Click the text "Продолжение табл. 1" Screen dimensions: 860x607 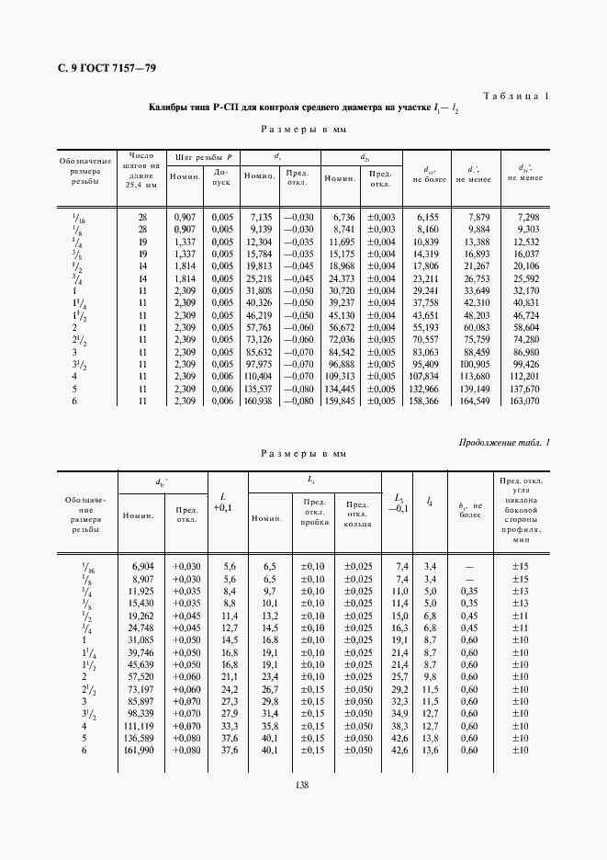click(x=504, y=444)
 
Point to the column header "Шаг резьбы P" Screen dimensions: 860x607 click(x=206, y=157)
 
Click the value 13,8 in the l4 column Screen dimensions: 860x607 click(x=429, y=737)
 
